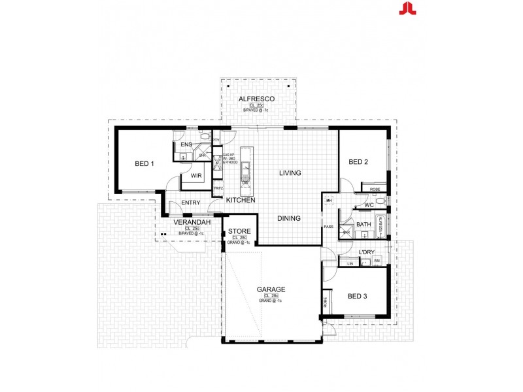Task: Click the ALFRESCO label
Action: pyautogui.click(x=256, y=98)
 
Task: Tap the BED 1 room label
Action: pyautogui.click(x=144, y=164)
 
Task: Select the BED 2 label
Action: pyautogui.click(x=359, y=162)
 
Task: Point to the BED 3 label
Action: pyautogui.click(x=358, y=296)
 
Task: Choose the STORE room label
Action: pyautogui.click(x=239, y=231)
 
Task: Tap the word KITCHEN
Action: pyautogui.click(x=241, y=200)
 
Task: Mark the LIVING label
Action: pyautogui.click(x=290, y=173)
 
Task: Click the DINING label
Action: pyautogui.click(x=288, y=218)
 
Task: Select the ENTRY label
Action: pyautogui.click(x=191, y=203)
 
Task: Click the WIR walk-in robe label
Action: pyautogui.click(x=195, y=176)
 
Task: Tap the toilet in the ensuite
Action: pyautogui.click(x=205, y=137)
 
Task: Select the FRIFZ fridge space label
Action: pyautogui.click(x=218, y=188)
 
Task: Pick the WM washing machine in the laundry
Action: pyautogui.click(x=377, y=262)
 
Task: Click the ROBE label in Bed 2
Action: pyautogui.click(x=375, y=189)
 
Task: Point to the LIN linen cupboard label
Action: pyautogui.click(x=350, y=263)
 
